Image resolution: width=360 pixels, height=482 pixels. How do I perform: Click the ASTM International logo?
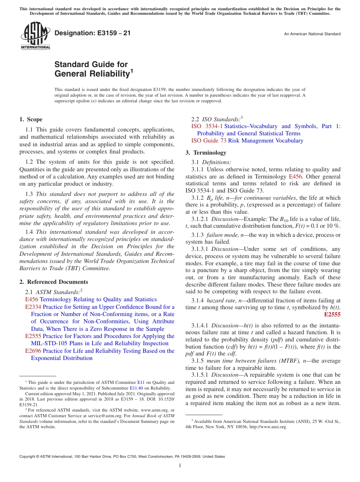35,36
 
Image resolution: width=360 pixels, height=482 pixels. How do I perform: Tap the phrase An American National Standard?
312,34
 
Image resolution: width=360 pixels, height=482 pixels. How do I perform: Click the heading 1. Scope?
31,119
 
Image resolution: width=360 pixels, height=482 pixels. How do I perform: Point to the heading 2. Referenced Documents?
54,282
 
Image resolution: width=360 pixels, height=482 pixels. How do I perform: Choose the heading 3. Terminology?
206,153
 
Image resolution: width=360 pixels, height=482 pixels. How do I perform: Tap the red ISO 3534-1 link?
207,126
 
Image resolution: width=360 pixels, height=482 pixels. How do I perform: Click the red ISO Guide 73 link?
209,141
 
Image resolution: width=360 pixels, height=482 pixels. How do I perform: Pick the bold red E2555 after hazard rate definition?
332,315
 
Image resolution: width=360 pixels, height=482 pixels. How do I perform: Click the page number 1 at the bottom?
180,465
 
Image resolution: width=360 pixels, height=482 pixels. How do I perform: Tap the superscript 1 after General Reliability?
131,70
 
